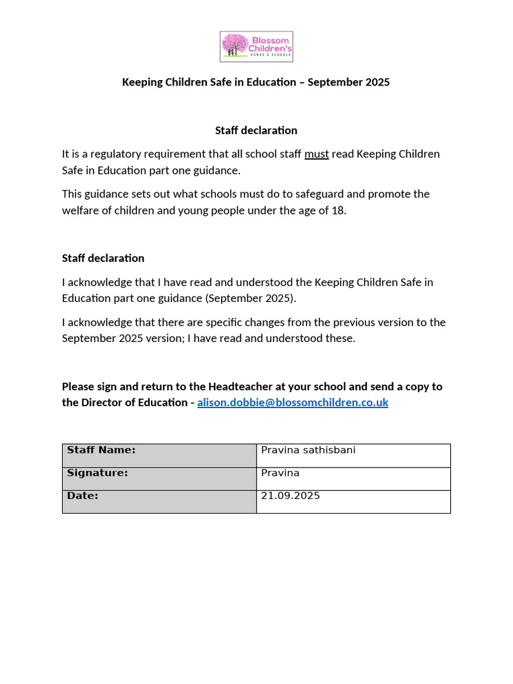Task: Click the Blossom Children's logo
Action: [256, 47]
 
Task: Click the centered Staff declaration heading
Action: [256, 130]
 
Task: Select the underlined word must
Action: [317, 154]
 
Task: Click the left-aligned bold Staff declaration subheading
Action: [103, 259]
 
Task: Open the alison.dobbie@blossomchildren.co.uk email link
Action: [293, 403]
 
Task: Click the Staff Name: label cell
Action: [159, 455]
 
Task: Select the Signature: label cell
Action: [159, 478]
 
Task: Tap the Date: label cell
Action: [159, 501]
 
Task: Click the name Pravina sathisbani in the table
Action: [308, 450]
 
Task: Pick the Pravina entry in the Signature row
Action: [280, 473]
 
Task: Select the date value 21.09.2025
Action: [290, 496]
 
